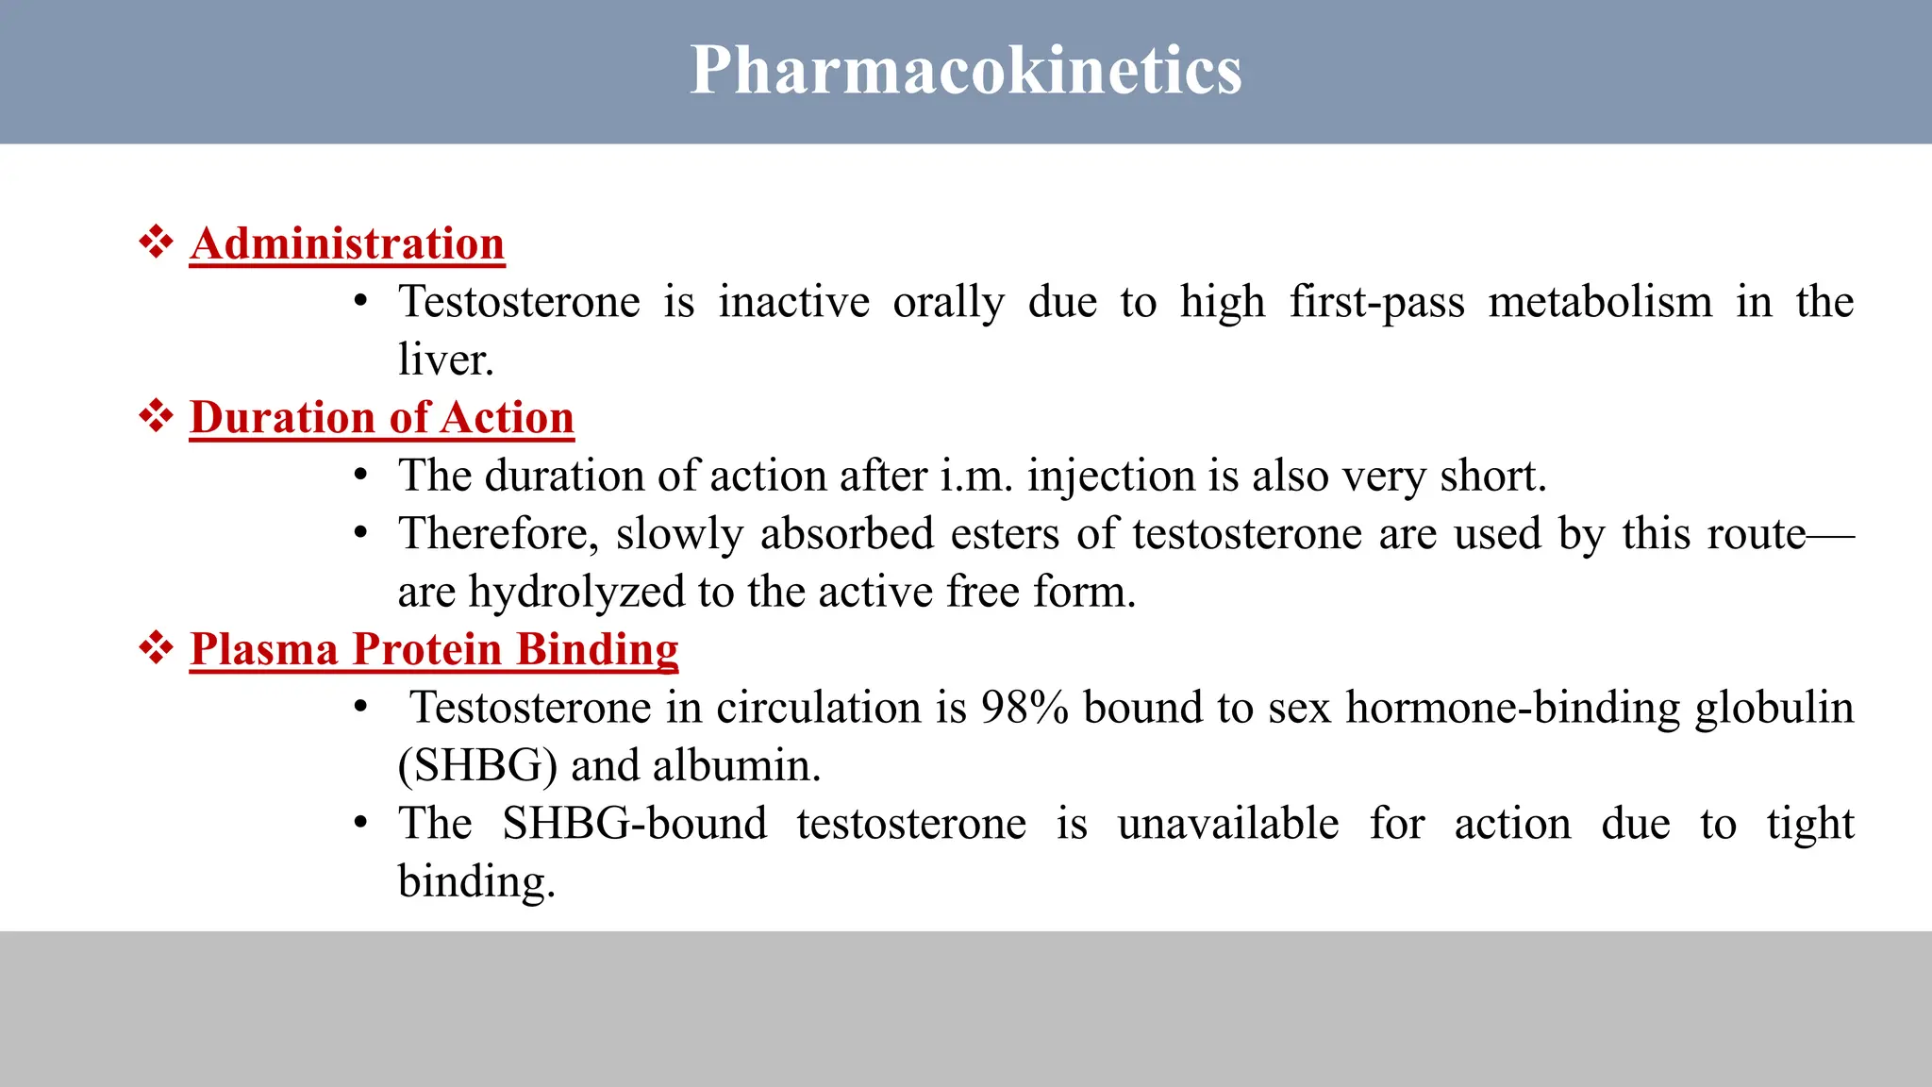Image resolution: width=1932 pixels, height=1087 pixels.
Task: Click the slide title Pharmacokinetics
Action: (965, 70)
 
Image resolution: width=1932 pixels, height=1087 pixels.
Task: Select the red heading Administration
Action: (347, 243)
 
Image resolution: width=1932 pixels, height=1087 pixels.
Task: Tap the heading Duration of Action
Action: (382, 417)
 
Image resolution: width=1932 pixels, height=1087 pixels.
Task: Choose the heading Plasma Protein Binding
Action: (434, 649)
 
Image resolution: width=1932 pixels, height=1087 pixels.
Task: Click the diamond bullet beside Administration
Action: (157, 242)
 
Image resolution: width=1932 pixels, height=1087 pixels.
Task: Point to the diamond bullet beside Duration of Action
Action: (157, 415)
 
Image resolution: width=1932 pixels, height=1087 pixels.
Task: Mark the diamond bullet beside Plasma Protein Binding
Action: (157, 647)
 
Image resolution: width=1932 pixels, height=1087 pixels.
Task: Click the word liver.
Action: (445, 360)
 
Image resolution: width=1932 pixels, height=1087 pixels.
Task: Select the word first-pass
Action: (1377, 302)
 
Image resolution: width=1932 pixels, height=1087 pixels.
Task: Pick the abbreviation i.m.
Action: (976, 476)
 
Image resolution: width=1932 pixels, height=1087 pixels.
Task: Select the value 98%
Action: (1024, 708)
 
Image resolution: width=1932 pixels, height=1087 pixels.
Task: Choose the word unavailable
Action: (1228, 824)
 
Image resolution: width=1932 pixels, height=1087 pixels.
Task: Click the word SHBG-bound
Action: (634, 824)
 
